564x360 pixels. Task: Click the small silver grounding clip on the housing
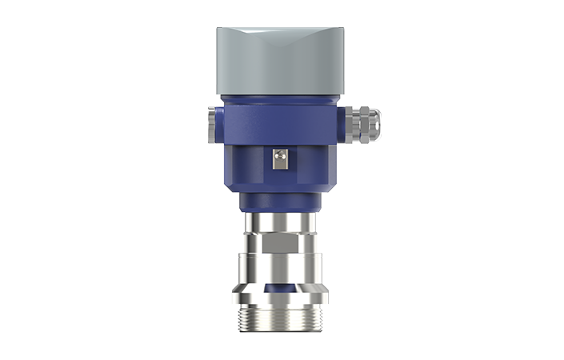pos(280,160)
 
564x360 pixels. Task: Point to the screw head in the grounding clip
pos(280,158)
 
